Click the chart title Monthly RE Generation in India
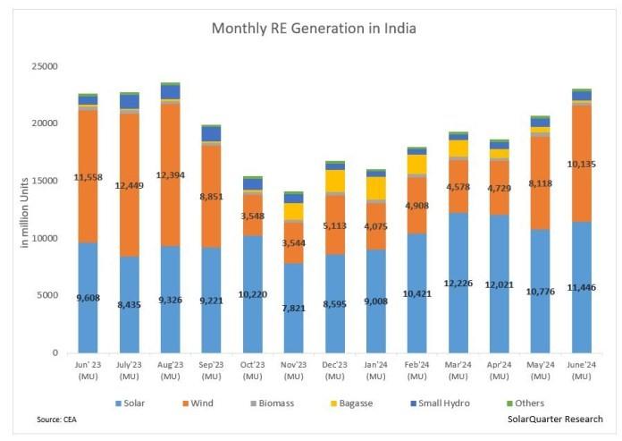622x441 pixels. [x=313, y=29]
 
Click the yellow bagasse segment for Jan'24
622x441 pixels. [x=376, y=188]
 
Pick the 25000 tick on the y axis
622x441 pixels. [x=45, y=66]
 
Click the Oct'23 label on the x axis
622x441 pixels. [x=253, y=369]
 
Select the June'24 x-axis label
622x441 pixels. [x=581, y=369]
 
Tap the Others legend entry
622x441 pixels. [x=541, y=403]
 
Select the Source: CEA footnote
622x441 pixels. [x=55, y=420]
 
